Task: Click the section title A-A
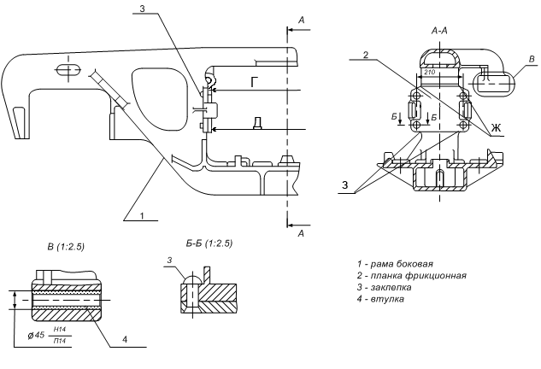(439, 31)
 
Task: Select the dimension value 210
(429, 73)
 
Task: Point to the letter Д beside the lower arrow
(257, 123)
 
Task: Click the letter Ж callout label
(496, 128)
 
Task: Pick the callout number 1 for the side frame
(142, 216)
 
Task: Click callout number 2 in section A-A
(366, 55)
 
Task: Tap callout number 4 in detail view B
(125, 339)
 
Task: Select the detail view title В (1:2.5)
(66, 247)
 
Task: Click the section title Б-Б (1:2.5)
(209, 243)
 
